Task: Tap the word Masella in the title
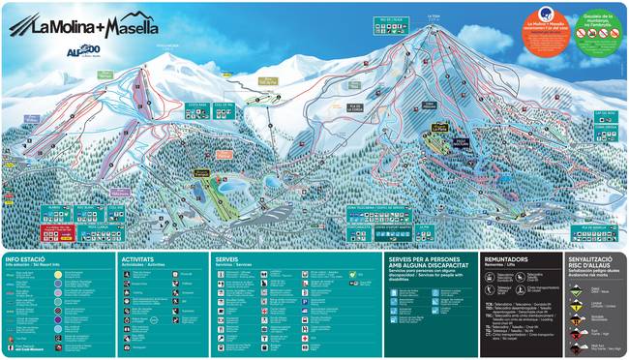click(x=126, y=28)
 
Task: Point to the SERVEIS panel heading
click(x=227, y=259)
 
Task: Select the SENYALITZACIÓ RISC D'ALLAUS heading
click(x=593, y=262)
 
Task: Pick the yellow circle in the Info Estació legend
click(x=59, y=275)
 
